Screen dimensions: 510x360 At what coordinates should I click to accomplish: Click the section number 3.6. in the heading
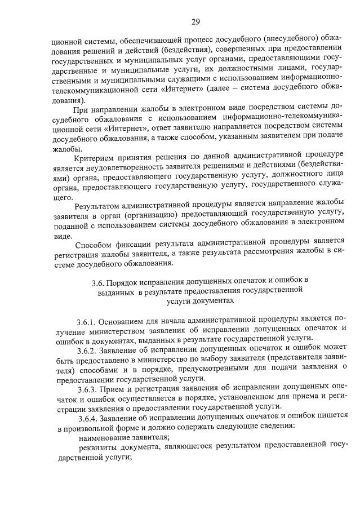(99, 280)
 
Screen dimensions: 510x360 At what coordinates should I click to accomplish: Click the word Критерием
(101, 160)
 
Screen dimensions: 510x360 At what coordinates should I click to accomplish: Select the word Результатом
(103, 202)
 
